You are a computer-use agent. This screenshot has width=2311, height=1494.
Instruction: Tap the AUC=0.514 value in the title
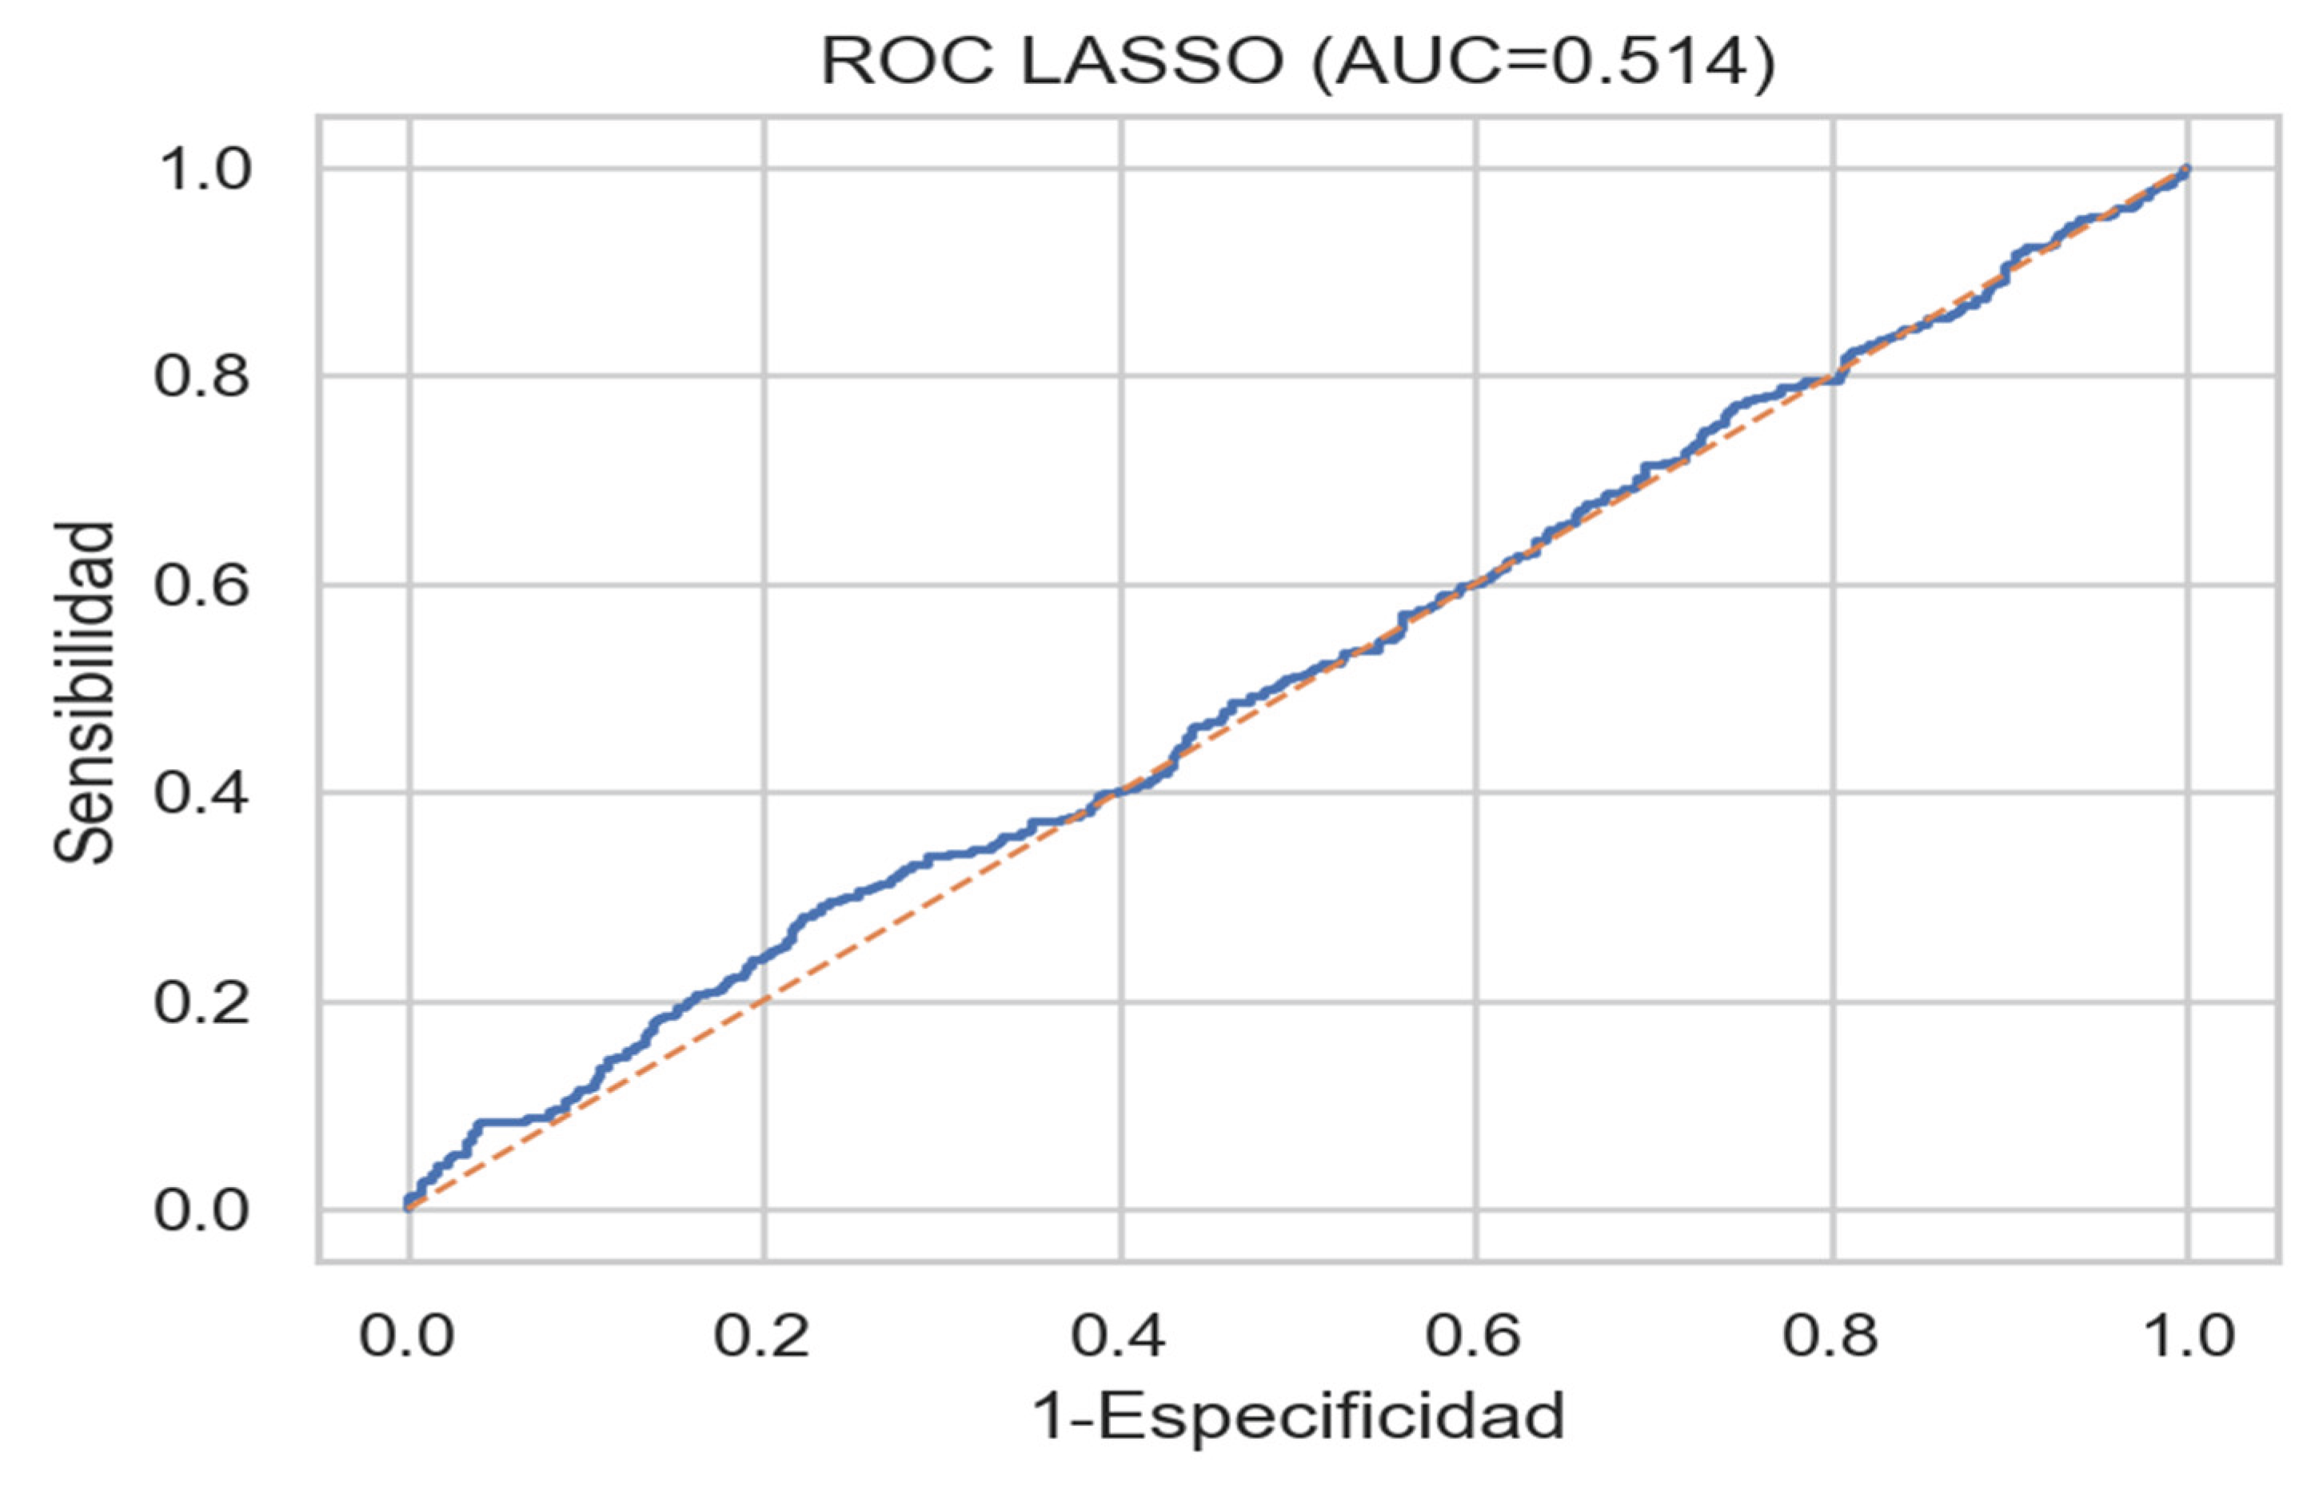1543,64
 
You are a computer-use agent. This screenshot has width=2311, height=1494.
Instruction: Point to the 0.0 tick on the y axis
202,1212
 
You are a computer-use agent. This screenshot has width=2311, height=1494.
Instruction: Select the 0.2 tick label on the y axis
202,1003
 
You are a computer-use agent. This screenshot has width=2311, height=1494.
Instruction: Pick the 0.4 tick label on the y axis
202,795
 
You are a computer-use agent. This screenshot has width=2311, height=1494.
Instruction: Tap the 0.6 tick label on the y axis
202,586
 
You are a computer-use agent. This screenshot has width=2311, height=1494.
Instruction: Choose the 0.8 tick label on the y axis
202,377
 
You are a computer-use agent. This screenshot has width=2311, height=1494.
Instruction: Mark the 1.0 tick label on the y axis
202,169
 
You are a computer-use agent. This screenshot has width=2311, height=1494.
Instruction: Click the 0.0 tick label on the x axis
408,1337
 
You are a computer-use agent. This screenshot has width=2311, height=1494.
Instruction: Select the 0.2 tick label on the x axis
763,1337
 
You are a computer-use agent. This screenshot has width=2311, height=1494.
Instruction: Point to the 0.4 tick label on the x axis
1119,1337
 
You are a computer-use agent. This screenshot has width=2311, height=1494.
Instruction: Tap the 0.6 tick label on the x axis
1474,1337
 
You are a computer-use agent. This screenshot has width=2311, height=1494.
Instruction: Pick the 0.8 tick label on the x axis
1830,1337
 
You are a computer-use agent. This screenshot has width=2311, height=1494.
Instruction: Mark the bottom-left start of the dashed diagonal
409,1209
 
